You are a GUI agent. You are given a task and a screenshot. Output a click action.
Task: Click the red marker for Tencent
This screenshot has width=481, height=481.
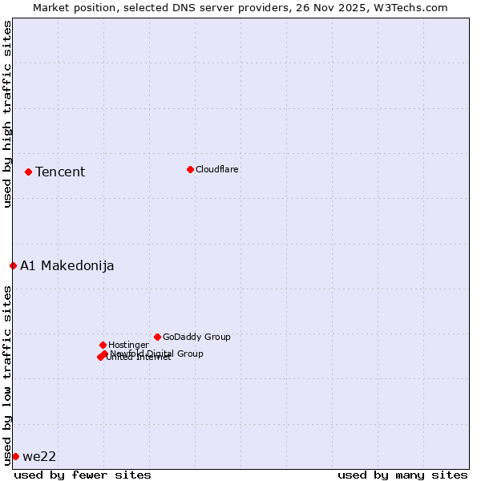(x=28, y=172)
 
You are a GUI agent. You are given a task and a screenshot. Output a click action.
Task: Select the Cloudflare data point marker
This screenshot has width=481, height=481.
(x=190, y=169)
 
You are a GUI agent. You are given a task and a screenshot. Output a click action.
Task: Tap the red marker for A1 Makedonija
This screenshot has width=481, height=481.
(x=13, y=265)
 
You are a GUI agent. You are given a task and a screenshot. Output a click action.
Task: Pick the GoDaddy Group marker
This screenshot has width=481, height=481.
(x=157, y=337)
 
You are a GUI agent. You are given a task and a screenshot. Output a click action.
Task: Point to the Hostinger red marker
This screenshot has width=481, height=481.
(x=103, y=345)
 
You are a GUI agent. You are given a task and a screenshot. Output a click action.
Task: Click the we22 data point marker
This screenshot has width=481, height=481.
(x=15, y=456)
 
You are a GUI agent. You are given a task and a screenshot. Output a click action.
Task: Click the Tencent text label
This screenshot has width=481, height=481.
(x=60, y=172)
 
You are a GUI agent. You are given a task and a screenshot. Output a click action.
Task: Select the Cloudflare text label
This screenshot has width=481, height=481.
(x=216, y=169)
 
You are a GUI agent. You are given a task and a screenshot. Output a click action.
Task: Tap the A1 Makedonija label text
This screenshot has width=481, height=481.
(x=67, y=265)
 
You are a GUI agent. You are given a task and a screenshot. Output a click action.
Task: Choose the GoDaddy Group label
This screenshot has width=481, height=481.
(x=196, y=337)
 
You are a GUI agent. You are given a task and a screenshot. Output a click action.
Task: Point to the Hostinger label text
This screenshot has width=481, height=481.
(x=128, y=345)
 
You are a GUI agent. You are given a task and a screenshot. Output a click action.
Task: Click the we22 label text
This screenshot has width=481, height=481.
(x=39, y=456)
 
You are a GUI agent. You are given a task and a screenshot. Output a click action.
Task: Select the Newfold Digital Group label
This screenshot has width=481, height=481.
(x=157, y=353)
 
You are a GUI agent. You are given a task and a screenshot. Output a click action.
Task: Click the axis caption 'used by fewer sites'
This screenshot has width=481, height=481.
(x=83, y=475)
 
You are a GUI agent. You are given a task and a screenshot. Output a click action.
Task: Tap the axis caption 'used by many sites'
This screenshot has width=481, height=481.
(x=402, y=475)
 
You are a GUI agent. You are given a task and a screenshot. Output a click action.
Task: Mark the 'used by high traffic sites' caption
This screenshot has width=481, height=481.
(x=7, y=114)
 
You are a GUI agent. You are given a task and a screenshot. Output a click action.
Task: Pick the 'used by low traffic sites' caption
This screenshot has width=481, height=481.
(x=7, y=374)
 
